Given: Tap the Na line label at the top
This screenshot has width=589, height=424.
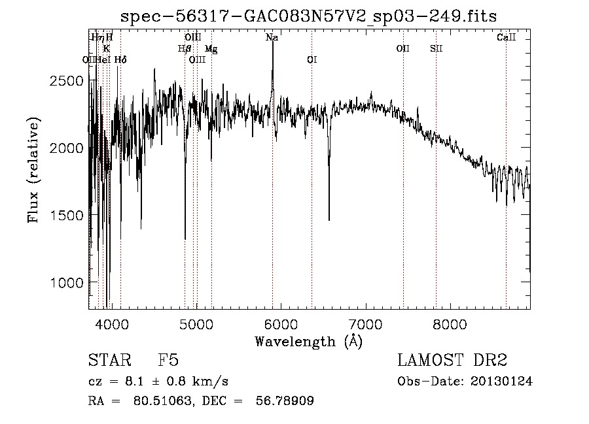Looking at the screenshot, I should [x=272, y=38].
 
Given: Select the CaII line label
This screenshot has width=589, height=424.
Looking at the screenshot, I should [x=506, y=38].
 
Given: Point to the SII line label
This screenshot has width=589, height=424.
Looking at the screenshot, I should [x=437, y=49].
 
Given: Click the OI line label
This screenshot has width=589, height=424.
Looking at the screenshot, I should [x=312, y=60].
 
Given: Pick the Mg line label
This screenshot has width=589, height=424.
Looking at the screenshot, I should [x=211, y=49].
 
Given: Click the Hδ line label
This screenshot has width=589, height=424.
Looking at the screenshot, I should [x=120, y=60].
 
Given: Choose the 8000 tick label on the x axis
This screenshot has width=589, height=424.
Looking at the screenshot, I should [x=450, y=323].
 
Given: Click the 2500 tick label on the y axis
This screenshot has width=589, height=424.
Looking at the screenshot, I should [x=68, y=80].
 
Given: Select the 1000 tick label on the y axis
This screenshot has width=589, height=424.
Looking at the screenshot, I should [x=68, y=282].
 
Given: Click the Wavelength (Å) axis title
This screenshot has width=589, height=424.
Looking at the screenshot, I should [x=308, y=341].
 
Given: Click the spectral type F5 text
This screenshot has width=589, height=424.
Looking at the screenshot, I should [x=168, y=361].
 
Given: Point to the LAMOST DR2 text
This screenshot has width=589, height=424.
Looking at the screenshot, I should [x=452, y=361].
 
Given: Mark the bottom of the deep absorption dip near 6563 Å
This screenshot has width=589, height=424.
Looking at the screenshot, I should [x=329, y=220].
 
